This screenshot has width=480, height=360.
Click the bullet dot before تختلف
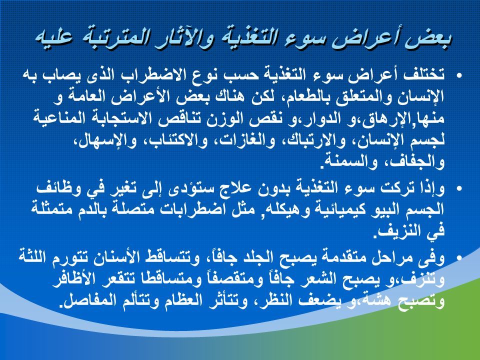coord(459,75)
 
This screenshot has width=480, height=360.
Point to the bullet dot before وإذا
coord(459,188)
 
